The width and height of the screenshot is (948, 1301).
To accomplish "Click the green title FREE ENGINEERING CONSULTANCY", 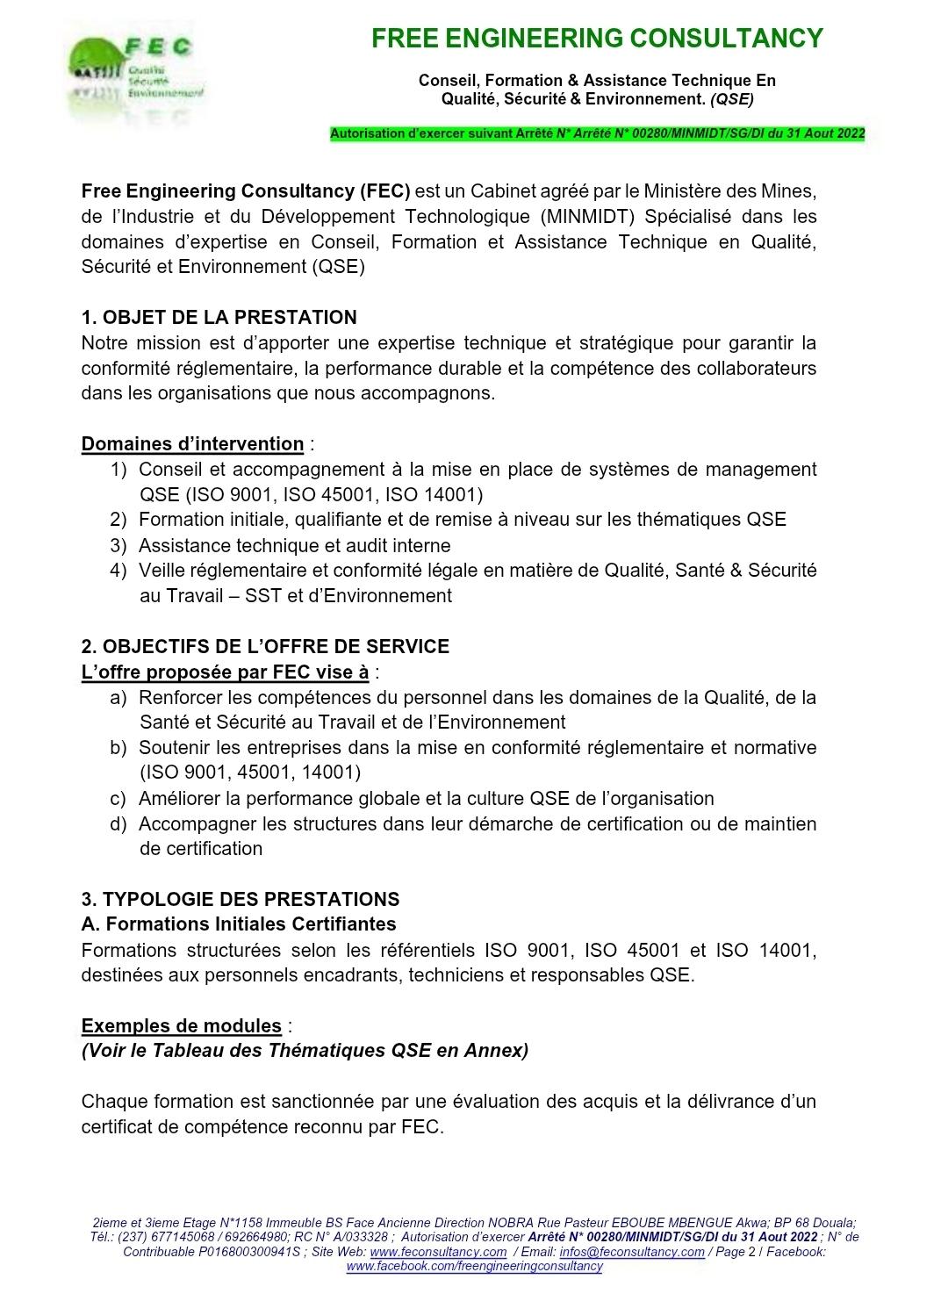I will point(597,39).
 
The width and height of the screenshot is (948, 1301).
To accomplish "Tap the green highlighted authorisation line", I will point(597,134).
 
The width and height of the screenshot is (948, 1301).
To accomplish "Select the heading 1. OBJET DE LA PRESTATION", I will point(219,318).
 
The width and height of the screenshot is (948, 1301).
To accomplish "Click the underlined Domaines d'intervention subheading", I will point(192,444).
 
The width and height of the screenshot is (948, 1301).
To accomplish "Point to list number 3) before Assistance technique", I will point(118,546).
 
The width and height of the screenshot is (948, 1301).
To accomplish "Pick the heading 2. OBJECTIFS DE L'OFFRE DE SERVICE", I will point(265,647).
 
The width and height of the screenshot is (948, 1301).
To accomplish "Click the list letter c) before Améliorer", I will point(118,799).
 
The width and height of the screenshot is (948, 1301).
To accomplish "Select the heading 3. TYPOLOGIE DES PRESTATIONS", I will point(240,900).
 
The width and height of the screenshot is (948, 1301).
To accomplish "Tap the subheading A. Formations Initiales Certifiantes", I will point(238,924).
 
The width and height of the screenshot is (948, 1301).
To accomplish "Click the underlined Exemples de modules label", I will point(182,1026).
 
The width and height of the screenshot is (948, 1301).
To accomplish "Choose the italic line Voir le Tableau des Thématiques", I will point(305,1051).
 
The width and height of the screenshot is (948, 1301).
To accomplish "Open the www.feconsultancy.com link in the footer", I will point(438,1252).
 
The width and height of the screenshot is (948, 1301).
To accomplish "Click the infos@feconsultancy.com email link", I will point(631,1252).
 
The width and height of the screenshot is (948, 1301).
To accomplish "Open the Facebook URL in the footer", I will point(474,1266).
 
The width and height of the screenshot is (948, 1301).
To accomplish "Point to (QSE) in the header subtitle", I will point(731,99).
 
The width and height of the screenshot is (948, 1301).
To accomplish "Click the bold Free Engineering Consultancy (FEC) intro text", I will point(246,191).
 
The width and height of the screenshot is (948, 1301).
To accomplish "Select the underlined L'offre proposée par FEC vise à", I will point(225,672).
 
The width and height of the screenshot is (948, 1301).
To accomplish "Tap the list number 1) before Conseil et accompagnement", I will point(118,470).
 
